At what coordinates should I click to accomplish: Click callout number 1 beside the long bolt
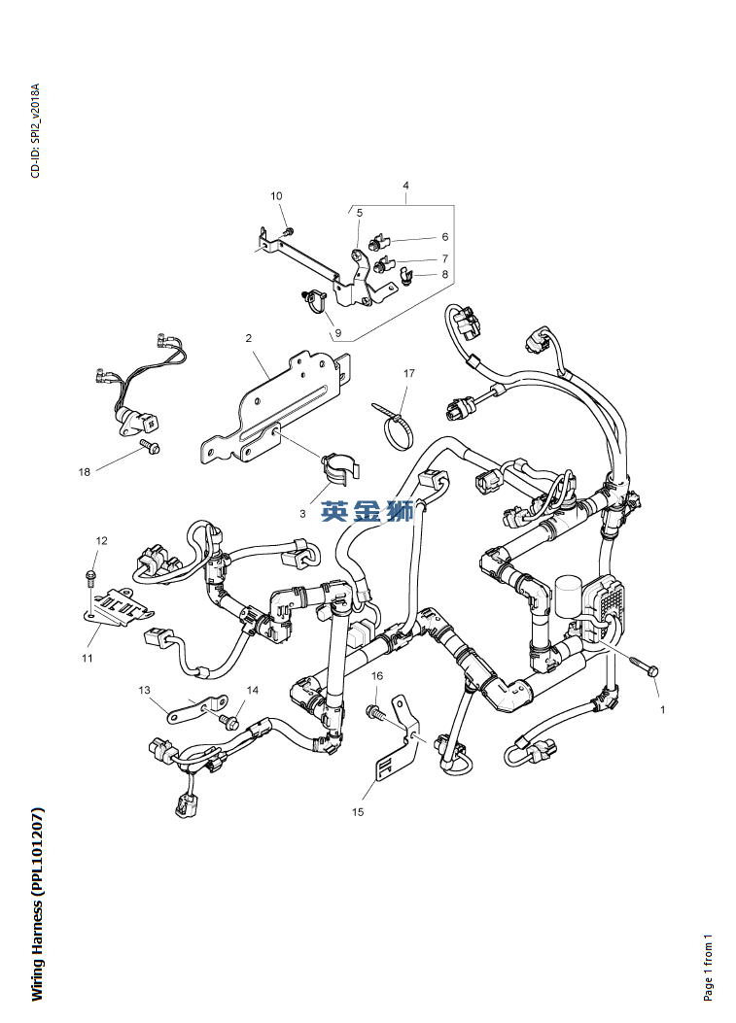(x=663, y=710)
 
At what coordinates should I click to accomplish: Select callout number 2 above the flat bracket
(x=249, y=338)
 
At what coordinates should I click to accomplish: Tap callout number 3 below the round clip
(x=302, y=513)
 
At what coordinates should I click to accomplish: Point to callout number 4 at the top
(x=405, y=186)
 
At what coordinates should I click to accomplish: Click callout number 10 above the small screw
(x=276, y=197)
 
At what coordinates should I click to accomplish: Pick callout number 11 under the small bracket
(x=87, y=658)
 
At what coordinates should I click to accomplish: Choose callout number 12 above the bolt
(x=101, y=540)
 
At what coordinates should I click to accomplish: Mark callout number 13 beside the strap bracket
(x=145, y=690)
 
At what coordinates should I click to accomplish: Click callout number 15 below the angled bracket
(x=358, y=811)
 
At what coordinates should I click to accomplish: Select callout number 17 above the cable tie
(x=409, y=373)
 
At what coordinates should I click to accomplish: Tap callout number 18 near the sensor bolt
(x=85, y=472)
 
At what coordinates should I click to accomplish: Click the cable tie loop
(x=397, y=427)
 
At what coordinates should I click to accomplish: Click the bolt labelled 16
(x=375, y=713)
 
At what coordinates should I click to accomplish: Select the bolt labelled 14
(x=230, y=722)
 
